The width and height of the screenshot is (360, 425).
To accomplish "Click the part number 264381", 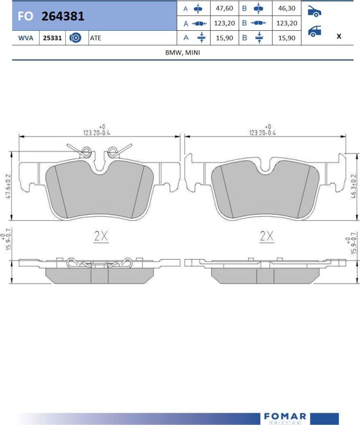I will point(63,16).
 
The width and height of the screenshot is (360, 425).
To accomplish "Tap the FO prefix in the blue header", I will point(26,16).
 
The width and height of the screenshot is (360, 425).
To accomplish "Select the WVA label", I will point(26,38).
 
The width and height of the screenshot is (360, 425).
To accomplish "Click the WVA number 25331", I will point(52,38).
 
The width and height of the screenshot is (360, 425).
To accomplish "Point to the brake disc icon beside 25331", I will point(76,38).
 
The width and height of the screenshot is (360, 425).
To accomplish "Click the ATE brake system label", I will point(95,38).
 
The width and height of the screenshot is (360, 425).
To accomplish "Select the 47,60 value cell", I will point(224,8).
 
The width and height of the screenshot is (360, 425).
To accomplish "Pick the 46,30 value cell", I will point(286,8).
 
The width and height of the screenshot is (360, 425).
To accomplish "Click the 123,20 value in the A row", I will point(224,23).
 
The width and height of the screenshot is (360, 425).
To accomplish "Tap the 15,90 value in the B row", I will point(286,38).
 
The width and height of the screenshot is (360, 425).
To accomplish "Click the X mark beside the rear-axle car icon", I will point(339,36).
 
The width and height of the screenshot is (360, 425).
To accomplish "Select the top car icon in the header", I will point(314,11).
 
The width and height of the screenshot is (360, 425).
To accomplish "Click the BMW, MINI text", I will point(183,53).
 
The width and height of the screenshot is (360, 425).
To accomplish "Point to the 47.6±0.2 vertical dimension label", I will point(8,185).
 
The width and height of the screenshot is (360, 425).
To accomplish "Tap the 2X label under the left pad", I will point(100,236).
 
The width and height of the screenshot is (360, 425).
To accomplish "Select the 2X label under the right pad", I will point(266,236).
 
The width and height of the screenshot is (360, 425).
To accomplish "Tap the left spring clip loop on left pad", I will point(86,152).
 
